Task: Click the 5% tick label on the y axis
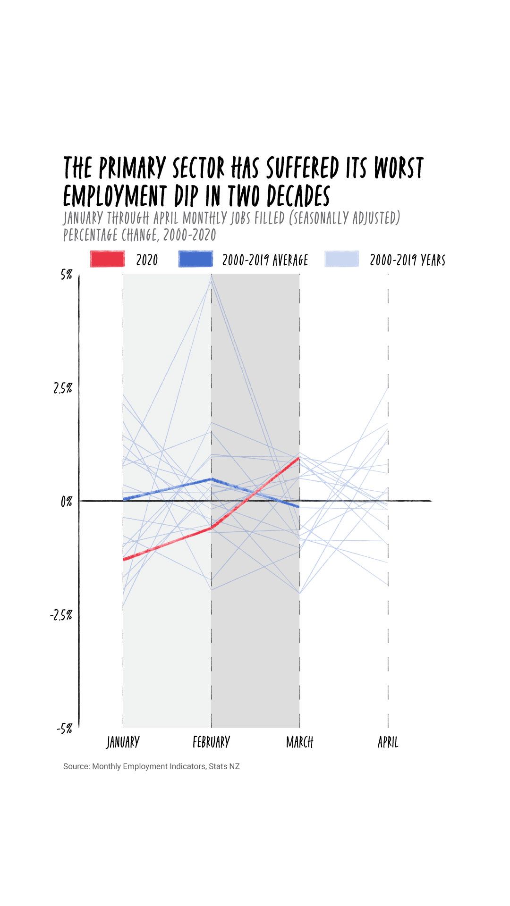[66, 274]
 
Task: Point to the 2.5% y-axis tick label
[63, 388]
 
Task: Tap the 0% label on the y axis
[66, 502]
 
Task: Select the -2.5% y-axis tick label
[61, 615]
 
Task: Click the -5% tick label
[64, 729]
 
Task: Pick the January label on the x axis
[123, 742]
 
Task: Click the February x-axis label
[211, 742]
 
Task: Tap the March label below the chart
[299, 742]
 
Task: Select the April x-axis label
[388, 742]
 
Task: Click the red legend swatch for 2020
[107, 259]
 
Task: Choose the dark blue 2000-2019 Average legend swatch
[195, 259]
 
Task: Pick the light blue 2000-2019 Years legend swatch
[342, 259]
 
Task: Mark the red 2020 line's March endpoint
[299, 458]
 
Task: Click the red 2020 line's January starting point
[123, 560]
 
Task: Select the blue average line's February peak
[211, 479]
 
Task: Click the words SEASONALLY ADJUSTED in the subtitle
[345, 218]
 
